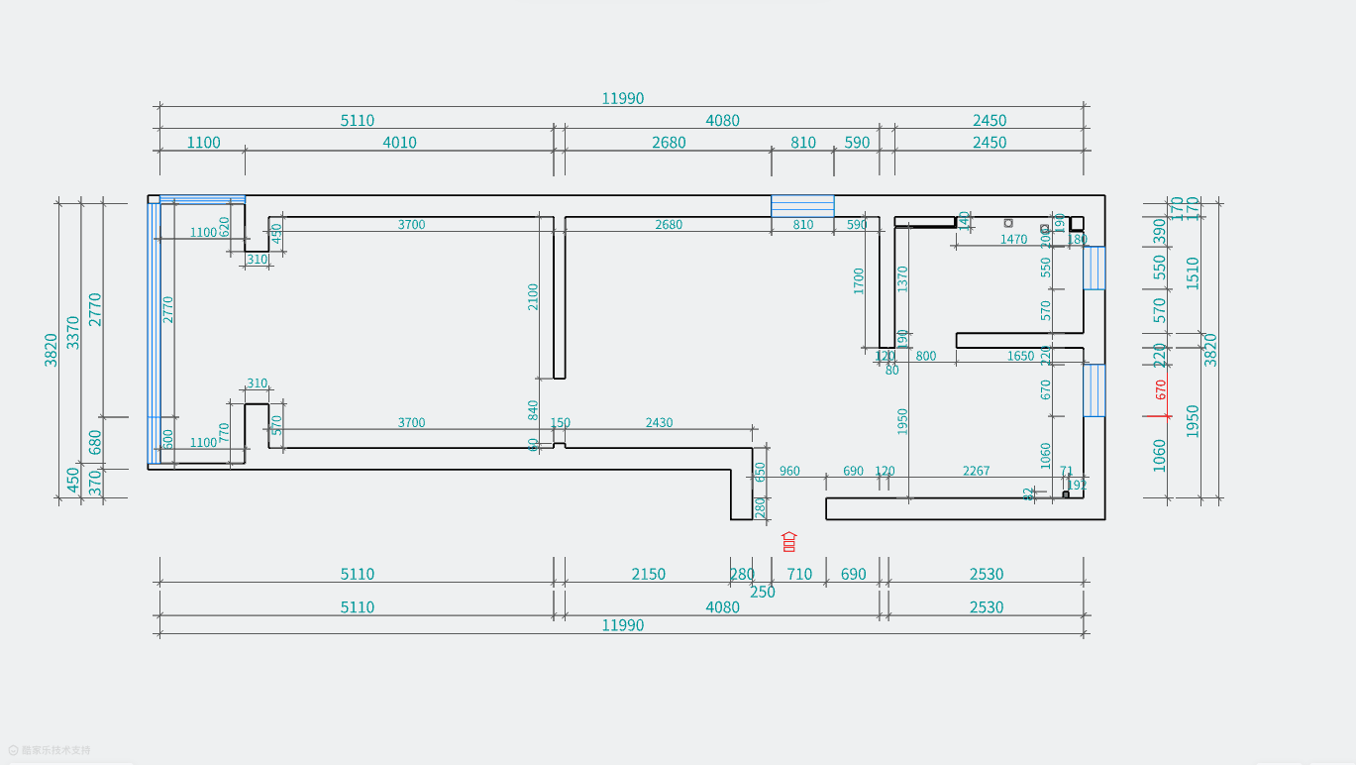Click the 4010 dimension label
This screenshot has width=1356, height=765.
pos(399,143)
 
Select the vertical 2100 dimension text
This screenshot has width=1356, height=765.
pos(533,297)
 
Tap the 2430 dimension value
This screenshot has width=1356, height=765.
pos(659,423)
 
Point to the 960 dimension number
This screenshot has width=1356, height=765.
pos(789,472)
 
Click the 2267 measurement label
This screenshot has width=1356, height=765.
pos(976,472)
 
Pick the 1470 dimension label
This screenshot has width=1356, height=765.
pos(1013,240)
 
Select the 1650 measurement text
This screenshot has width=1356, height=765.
pos(1020,357)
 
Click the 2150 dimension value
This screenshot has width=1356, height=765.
pos(649,575)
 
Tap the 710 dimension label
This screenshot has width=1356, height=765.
pos(799,575)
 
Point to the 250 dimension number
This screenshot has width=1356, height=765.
pos(763,593)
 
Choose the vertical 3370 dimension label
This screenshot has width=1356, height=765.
pos(73,332)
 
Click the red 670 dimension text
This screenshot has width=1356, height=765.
pos(1161,389)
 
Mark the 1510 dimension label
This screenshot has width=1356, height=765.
pos(1193,273)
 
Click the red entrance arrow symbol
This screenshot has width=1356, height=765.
pos(789,541)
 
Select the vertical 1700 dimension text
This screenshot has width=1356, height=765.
pos(859,280)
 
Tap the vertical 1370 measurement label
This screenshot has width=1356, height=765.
pos(902,278)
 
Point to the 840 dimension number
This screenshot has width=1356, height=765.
pos(533,410)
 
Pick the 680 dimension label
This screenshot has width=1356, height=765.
pos(95,441)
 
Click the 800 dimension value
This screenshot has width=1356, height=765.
pos(925,357)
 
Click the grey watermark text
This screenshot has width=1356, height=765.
pos(55,751)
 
